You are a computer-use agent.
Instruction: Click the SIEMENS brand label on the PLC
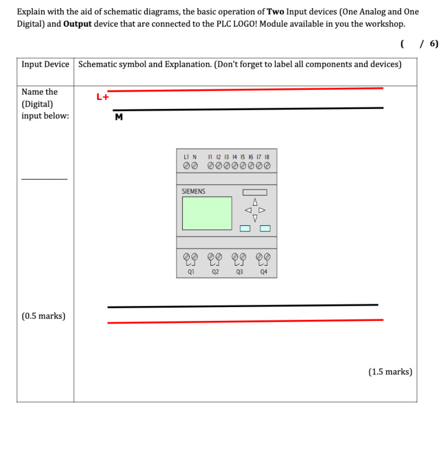click(x=193, y=191)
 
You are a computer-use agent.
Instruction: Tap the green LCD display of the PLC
click(x=207, y=213)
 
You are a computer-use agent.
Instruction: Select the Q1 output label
click(x=191, y=272)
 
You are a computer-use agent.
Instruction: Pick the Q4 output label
click(x=264, y=272)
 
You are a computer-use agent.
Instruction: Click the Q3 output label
click(x=239, y=272)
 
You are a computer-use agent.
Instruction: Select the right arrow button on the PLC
click(x=261, y=210)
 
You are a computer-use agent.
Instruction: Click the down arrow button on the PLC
click(x=255, y=218)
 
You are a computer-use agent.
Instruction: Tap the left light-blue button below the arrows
click(x=245, y=228)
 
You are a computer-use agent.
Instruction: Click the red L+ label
click(x=103, y=97)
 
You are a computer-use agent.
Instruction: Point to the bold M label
click(x=119, y=118)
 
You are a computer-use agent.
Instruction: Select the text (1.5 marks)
click(x=390, y=371)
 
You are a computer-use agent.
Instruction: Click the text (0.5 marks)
click(x=43, y=316)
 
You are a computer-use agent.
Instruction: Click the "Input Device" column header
click(x=45, y=64)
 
